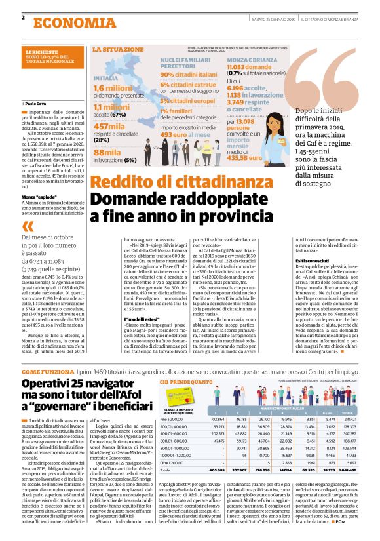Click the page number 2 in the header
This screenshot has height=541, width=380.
point(23,18)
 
